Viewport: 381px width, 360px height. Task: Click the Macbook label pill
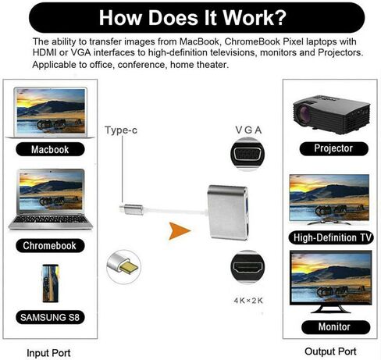[50, 149]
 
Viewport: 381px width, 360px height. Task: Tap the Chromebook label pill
[50, 245]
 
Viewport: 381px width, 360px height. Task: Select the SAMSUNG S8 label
[50, 317]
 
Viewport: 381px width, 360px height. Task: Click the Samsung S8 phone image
[51, 283]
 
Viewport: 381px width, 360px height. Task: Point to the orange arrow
[179, 231]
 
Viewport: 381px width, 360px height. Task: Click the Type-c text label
[121, 130]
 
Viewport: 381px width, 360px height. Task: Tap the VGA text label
[248, 130]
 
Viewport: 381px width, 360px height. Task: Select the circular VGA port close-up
[247, 155]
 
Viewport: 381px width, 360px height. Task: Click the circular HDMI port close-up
[247, 267]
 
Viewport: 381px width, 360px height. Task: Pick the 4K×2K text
[248, 301]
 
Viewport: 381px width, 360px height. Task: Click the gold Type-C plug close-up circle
[123, 266]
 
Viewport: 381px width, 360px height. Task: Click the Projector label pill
[334, 148]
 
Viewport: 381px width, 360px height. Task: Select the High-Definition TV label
[331, 237]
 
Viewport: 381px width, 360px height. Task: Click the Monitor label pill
[336, 327]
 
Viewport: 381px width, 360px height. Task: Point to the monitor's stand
[330, 309]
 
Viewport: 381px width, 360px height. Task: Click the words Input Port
[48, 353]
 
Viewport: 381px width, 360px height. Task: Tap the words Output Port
[330, 351]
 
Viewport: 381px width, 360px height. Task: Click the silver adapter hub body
[228, 212]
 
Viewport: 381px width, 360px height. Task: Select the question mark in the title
[280, 18]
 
